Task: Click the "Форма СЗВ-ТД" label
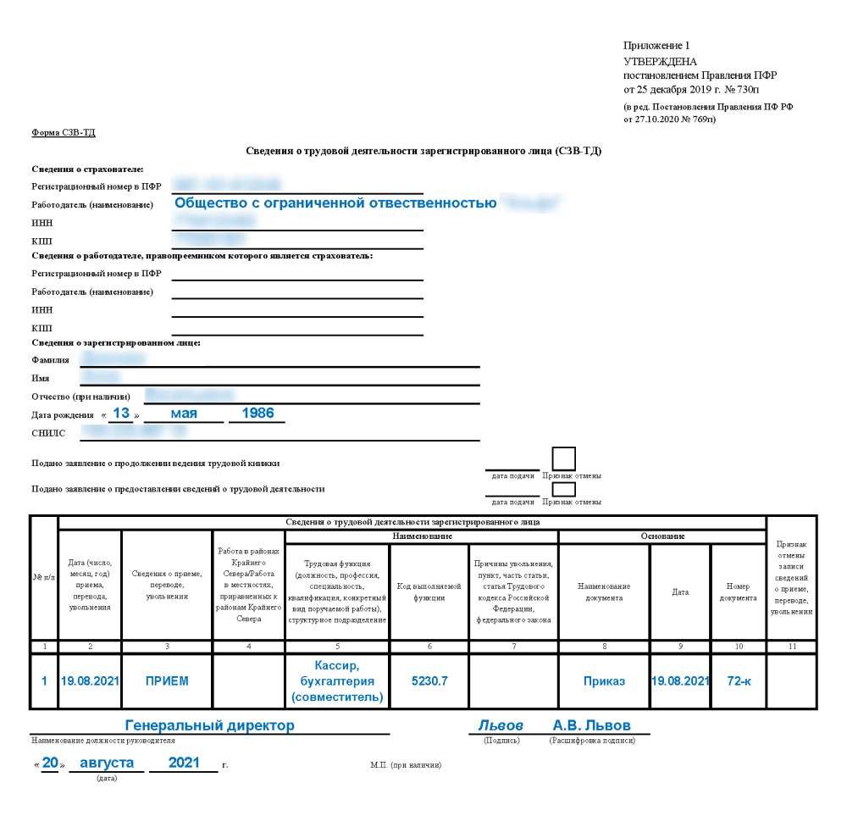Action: click(x=64, y=133)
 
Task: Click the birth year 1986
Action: click(x=257, y=414)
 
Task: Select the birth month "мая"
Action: click(x=184, y=414)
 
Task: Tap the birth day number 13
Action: click(x=121, y=414)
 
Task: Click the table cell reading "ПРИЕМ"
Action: click(x=167, y=680)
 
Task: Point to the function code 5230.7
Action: click(x=429, y=680)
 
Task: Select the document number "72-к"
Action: click(x=739, y=680)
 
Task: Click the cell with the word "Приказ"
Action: click(x=604, y=680)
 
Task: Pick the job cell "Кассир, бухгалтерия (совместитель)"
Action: click(x=337, y=680)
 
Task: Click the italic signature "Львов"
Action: click(x=500, y=726)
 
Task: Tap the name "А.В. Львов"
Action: click(x=591, y=726)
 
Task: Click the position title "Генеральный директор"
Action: click(x=210, y=726)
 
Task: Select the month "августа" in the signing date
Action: click(x=107, y=763)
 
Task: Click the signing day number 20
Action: click(x=51, y=763)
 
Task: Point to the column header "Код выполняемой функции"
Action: click(x=429, y=592)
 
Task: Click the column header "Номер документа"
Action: click(x=739, y=592)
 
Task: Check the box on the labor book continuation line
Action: click(x=563, y=458)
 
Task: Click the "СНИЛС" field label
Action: click(x=47, y=433)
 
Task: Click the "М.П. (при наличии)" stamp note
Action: click(x=406, y=765)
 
